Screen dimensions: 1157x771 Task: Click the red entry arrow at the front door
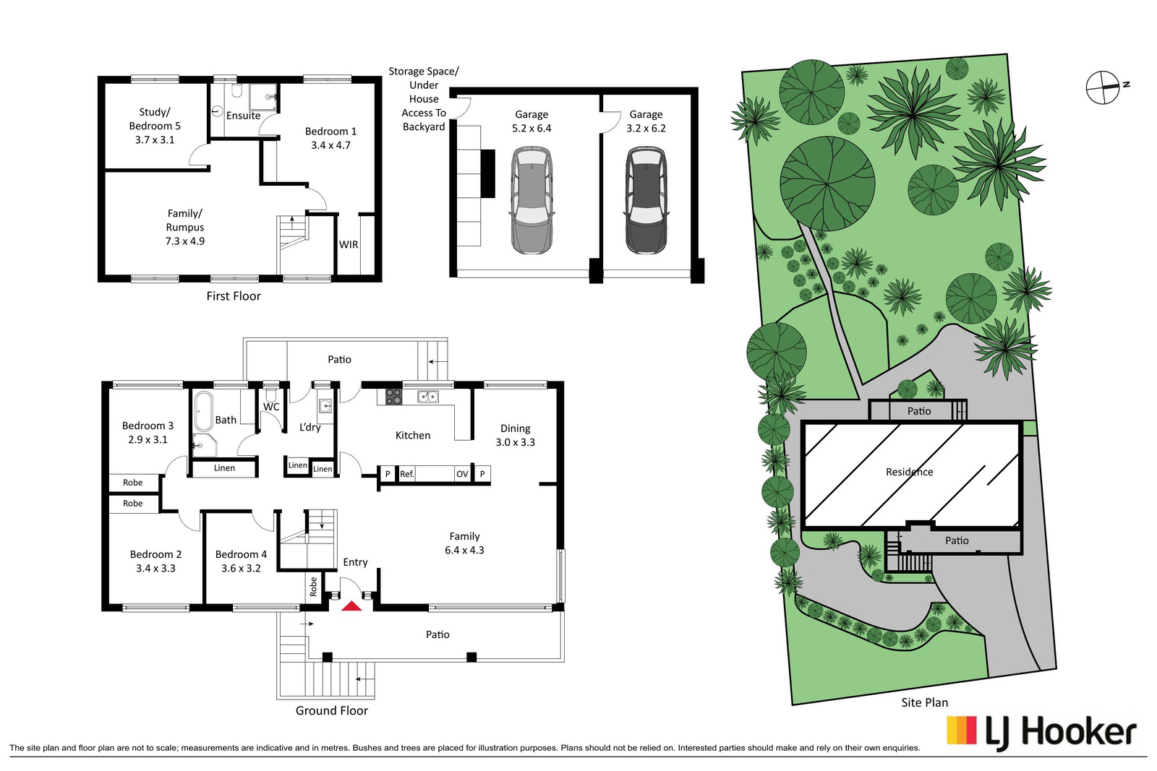351,606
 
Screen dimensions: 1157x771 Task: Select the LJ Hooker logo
1041,732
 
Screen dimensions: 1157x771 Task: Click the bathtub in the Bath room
204,410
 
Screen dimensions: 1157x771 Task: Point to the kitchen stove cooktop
393,396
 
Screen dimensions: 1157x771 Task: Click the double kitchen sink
427,396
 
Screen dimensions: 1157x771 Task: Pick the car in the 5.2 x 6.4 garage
531,200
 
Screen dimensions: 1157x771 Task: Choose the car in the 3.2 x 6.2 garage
646,200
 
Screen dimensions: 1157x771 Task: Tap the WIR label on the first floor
348,245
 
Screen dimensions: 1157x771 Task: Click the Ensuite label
243,116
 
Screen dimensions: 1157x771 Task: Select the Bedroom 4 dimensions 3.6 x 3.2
241,568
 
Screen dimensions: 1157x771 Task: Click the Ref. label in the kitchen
407,474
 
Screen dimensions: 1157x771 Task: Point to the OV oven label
462,474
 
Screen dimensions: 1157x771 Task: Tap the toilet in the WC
270,395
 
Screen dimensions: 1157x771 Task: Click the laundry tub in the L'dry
325,405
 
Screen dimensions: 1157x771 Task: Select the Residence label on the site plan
909,472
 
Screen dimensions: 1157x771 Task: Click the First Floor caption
234,296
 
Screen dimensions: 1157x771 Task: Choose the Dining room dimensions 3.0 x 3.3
515,442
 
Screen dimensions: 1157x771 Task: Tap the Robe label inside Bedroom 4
313,587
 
